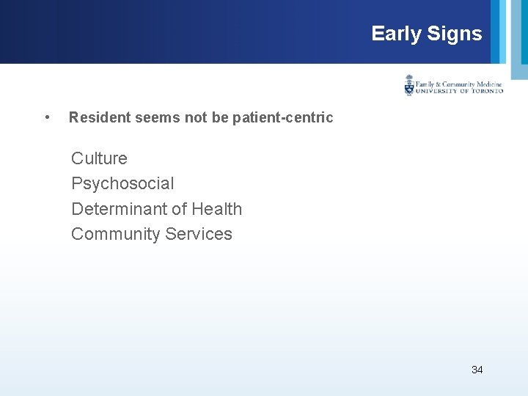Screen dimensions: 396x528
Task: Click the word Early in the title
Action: [x=396, y=34]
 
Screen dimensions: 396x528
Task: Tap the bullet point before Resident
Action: [x=47, y=117]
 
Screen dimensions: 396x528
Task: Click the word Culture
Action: [x=99, y=158]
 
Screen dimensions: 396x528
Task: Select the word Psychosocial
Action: [x=122, y=183]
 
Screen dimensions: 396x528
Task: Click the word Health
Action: [x=216, y=209]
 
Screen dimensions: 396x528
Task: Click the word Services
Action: [x=199, y=234]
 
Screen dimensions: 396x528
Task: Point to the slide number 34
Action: [x=477, y=370]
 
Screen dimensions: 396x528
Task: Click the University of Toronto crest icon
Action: [x=409, y=86]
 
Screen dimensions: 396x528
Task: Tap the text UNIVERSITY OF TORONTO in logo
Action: [x=460, y=91]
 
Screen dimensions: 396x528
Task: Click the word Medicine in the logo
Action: [x=487, y=84]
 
